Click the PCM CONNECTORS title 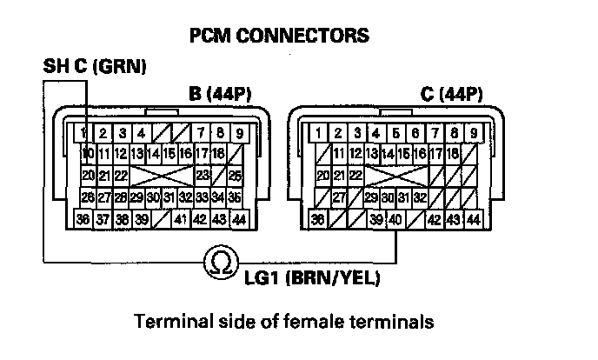pos(279,36)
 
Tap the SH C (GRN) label pos(95,66)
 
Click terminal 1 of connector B pos(82,133)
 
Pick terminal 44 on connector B pos(238,217)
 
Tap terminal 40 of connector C pos(396,218)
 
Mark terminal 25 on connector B pos(236,177)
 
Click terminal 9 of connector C pos(474,133)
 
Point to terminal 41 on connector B pos(181,217)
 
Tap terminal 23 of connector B pos(202,176)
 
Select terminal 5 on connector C pos(396,133)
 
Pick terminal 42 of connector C pos(435,218)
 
